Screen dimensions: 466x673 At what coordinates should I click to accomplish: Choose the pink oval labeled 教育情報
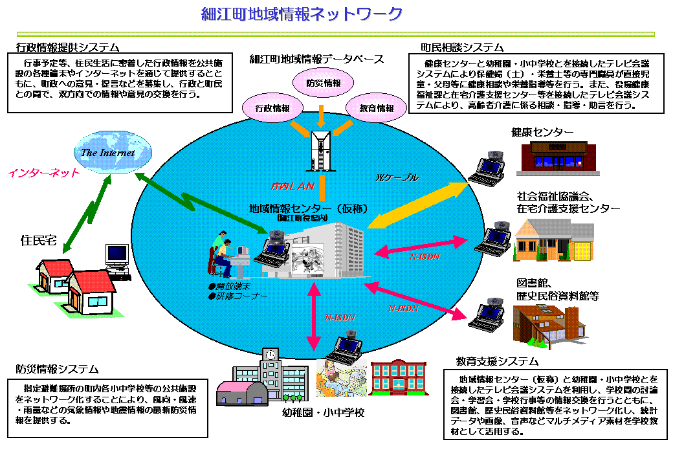tap(376, 108)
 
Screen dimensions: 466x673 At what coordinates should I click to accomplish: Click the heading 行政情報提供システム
tap(68, 47)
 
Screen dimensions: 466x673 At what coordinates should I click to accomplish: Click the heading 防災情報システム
tap(58, 369)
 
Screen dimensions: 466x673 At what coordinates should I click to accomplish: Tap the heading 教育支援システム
tap(497, 361)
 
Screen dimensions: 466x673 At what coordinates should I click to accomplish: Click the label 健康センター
tap(542, 132)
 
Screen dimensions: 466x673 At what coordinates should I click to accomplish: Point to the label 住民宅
tap(39, 241)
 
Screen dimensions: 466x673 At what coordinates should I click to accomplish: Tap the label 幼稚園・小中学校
tap(324, 413)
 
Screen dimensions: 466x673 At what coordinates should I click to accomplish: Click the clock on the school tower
tap(270, 354)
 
